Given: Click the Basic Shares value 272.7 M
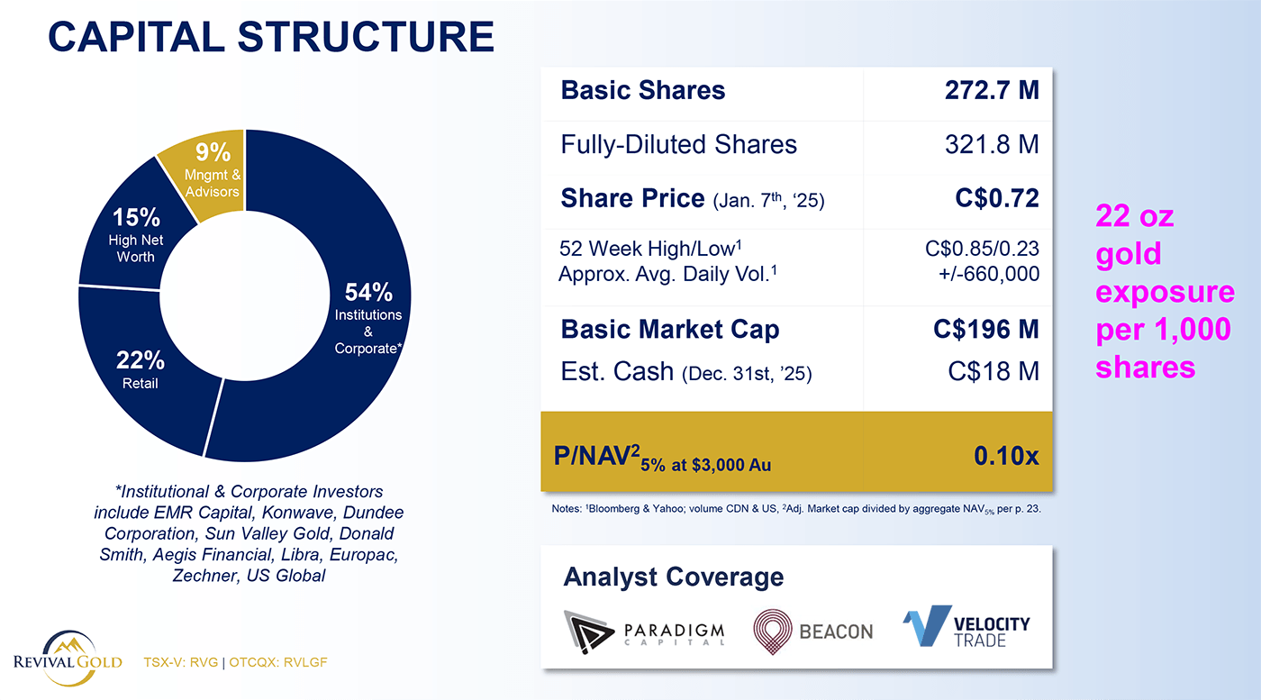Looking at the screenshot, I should [992, 90].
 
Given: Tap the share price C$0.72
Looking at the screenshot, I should [997, 198].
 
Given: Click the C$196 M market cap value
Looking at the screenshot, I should [986, 330].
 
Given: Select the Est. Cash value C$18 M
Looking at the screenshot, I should [993, 370].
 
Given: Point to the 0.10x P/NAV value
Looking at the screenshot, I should [1005, 456].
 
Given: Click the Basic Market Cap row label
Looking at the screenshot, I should [670, 330].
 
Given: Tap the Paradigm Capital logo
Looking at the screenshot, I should [645, 629].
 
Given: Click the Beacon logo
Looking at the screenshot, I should [813, 629].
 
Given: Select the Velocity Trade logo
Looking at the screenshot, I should [966, 626].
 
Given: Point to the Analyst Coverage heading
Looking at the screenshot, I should [674, 577].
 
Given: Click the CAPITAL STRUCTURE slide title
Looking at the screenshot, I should [270, 36].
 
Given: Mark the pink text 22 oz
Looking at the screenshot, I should [1134, 217].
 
